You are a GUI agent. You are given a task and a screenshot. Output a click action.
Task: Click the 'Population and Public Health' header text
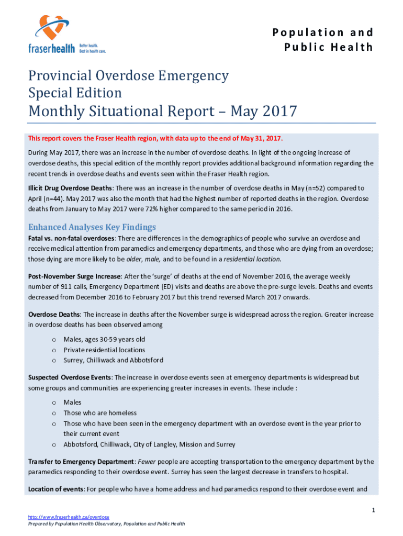pos(322,40)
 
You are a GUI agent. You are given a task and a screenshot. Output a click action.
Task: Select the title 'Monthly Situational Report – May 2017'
pos(162,111)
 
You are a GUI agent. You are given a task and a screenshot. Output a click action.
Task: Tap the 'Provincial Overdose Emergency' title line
pos(128,76)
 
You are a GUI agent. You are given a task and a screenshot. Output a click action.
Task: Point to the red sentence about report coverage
pos(155,138)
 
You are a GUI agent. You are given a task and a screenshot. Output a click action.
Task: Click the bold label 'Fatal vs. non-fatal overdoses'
pos(71,238)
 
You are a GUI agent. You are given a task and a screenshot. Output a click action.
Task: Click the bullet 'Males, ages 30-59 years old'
pos(104,339)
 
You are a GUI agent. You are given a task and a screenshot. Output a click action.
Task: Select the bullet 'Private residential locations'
pos(104,350)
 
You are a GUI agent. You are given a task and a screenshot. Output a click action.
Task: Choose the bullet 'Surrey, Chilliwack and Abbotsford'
pos(113,360)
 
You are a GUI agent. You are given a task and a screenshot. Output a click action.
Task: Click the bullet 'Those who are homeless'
pos(100,413)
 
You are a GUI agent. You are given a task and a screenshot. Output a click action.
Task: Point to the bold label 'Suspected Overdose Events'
pos(70,377)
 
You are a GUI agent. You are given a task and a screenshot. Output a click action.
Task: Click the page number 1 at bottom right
pos(373,509)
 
